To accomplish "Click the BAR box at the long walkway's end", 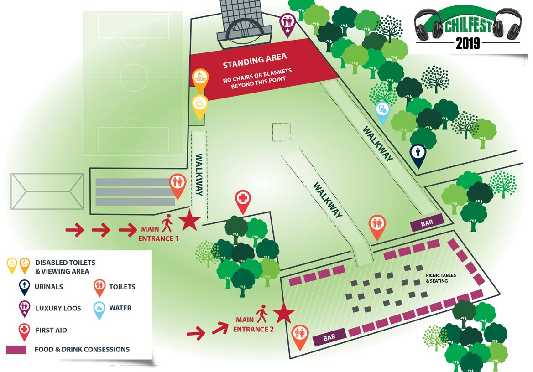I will click(x=427, y=223).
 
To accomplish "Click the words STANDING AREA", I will click(x=255, y=59).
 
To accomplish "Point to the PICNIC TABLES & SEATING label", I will click(x=441, y=278).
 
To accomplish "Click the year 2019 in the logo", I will click(x=468, y=43).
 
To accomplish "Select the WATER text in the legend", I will click(x=120, y=308).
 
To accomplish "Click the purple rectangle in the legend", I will click(x=17, y=350).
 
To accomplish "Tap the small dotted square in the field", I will click(x=280, y=132).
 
